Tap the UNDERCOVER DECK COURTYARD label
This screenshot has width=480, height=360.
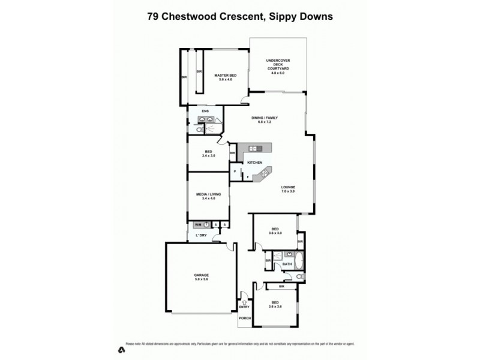(x=278, y=65)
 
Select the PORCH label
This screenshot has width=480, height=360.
(x=245, y=319)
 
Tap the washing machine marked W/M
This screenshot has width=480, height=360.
(x=204, y=224)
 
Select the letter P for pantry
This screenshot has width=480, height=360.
(x=235, y=171)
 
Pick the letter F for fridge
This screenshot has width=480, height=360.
(x=247, y=177)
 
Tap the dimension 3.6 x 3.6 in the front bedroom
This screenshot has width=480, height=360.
(x=276, y=307)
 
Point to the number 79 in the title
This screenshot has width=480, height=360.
(x=153, y=17)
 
